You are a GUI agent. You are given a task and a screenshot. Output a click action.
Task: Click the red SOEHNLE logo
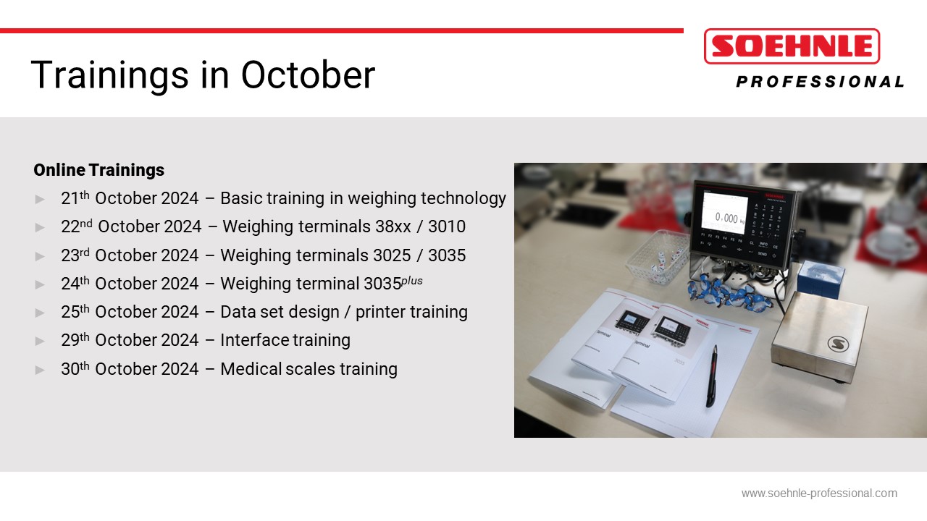pos(792,46)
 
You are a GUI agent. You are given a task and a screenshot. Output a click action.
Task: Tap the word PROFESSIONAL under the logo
pos(821,82)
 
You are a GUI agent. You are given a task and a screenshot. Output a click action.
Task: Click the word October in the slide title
pos(308,75)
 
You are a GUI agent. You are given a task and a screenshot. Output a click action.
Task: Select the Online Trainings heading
pos(99,170)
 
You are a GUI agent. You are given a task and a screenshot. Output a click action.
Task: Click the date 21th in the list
pos(75,198)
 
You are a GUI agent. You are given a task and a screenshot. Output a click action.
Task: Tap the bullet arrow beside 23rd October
pos(40,256)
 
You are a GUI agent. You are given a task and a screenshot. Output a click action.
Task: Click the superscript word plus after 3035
pos(412,281)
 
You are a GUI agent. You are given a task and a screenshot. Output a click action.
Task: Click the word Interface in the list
pos(254,340)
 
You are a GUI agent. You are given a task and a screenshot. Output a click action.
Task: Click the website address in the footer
pos(819,494)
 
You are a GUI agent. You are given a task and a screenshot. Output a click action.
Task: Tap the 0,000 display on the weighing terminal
pos(726,217)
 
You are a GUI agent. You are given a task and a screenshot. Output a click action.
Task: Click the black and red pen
pos(711,376)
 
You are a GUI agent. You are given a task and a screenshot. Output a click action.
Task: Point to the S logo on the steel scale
pos(838,344)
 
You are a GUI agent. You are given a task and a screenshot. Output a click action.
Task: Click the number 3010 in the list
pos(447,226)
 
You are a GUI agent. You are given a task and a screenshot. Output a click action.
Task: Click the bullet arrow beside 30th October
pos(40,370)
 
